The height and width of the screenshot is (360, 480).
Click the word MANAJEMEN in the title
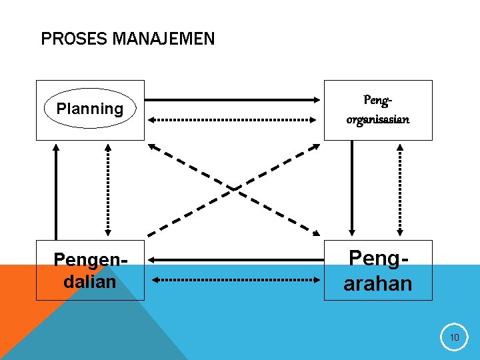[163, 39]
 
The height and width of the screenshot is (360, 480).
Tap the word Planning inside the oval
[90, 109]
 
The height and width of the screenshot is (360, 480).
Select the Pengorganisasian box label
[378, 110]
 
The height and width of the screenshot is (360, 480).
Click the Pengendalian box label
[90, 270]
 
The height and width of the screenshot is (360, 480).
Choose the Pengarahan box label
[378, 270]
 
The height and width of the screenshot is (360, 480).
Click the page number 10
[454, 338]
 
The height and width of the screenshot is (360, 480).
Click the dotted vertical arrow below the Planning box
[109, 190]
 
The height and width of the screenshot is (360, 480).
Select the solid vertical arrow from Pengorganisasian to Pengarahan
[352, 190]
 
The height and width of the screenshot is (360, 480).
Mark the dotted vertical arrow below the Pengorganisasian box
[399, 190]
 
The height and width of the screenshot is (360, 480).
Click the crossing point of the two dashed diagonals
[234, 189]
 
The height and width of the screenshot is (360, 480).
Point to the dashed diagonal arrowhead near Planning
[153, 147]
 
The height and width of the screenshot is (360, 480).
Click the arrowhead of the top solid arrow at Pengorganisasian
[317, 100]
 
